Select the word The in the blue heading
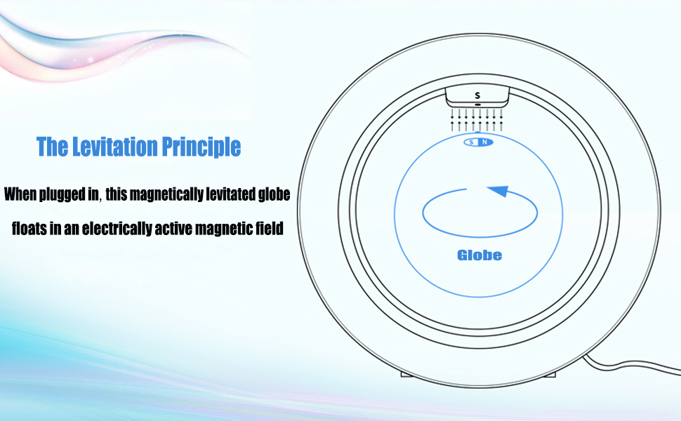pyautogui.click(x=51, y=147)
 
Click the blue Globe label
pyautogui.click(x=480, y=255)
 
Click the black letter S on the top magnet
pyautogui.click(x=477, y=95)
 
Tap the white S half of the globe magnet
pyautogui.click(x=472, y=142)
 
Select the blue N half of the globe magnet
pyautogui.click(x=484, y=142)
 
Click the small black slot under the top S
pyautogui.click(x=477, y=104)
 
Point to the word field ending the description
pyautogui.click(x=269, y=229)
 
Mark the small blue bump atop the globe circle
pyautogui.click(x=477, y=132)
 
